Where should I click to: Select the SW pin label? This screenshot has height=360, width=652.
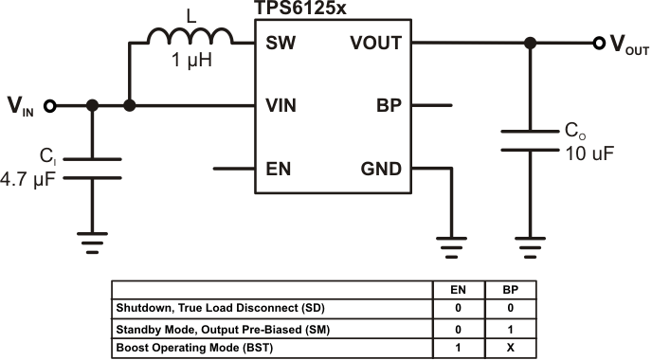(x=281, y=44)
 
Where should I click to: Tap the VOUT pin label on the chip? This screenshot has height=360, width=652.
(x=375, y=44)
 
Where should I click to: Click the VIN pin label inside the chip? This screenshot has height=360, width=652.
(x=281, y=106)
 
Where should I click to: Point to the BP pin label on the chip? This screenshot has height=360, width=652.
(x=389, y=106)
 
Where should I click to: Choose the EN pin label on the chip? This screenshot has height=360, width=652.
(x=279, y=169)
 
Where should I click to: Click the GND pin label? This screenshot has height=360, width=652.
(x=381, y=169)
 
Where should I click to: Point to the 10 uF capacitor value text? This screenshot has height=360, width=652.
(x=582, y=153)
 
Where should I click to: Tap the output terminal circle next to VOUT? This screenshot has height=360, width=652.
(x=598, y=44)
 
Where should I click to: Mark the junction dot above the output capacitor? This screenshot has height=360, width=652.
(x=530, y=44)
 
